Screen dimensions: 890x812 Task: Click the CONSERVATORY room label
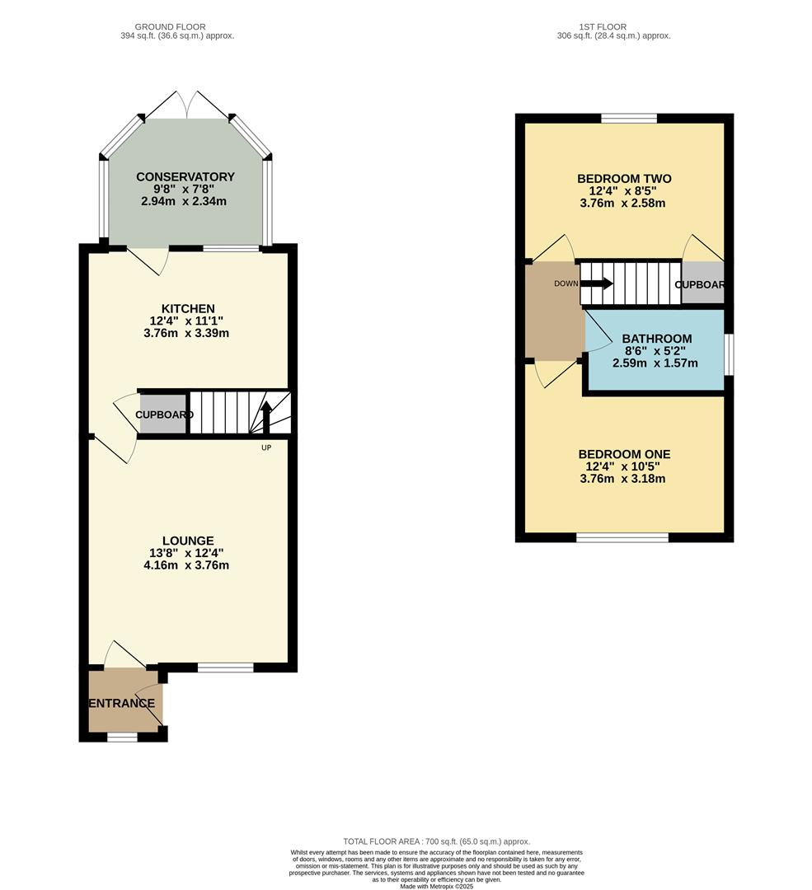click(x=185, y=176)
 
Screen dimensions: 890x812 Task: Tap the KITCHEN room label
click(x=188, y=308)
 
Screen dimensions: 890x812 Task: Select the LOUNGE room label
click(x=188, y=541)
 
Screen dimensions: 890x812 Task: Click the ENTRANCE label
click(x=122, y=703)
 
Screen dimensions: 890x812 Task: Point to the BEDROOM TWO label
click(x=624, y=179)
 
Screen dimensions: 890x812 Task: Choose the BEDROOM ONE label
click(x=624, y=454)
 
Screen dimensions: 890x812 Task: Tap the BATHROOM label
click(x=656, y=339)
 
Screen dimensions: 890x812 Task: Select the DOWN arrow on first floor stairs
click(x=597, y=283)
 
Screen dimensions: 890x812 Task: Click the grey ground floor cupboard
click(x=162, y=415)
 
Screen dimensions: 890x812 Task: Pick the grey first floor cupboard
click(x=702, y=283)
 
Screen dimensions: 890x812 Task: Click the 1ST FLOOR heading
click(x=613, y=27)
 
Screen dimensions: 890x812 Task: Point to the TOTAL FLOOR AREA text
click(x=436, y=841)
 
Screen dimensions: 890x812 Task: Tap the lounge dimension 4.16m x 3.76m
click(x=185, y=565)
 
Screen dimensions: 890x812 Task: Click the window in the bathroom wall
click(x=728, y=354)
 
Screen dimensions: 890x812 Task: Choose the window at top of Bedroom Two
click(x=628, y=119)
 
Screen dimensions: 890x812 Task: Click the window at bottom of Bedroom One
click(x=622, y=537)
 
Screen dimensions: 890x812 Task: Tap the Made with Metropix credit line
click(x=436, y=886)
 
